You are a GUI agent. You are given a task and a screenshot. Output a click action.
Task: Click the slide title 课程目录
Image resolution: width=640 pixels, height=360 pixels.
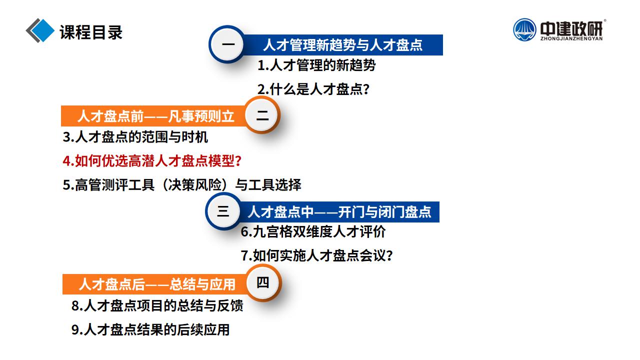[x=91, y=32]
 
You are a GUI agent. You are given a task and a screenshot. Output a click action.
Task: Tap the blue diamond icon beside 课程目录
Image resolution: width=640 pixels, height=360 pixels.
[x=42, y=30]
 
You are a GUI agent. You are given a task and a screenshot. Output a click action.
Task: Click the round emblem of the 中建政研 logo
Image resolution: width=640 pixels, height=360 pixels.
[x=524, y=29]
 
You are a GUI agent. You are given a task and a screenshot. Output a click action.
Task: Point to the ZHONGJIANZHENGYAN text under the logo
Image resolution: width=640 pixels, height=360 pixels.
[x=571, y=38]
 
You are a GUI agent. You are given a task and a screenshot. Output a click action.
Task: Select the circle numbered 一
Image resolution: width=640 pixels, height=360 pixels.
[x=227, y=44]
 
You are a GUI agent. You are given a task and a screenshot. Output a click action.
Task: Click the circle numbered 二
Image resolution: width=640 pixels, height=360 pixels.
[x=262, y=115]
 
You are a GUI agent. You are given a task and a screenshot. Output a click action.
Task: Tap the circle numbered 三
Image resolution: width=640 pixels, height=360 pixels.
[x=223, y=211]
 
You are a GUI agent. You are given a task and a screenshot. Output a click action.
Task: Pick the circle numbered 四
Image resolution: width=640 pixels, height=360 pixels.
[x=263, y=283]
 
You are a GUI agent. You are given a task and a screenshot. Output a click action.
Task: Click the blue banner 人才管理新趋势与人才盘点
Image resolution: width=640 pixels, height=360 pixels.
[x=342, y=45]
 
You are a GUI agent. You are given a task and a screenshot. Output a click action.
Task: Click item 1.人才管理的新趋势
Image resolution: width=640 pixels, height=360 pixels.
[x=316, y=65]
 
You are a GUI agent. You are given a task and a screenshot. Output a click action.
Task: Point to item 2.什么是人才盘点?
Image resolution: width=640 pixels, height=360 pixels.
[x=313, y=89]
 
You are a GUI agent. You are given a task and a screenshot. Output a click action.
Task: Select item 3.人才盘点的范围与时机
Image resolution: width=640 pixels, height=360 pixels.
[x=135, y=137]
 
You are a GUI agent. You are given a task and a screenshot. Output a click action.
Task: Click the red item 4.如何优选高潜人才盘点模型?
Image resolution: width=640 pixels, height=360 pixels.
[x=152, y=160]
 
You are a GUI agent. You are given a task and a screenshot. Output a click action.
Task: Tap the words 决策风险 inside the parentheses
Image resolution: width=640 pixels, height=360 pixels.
[x=195, y=184]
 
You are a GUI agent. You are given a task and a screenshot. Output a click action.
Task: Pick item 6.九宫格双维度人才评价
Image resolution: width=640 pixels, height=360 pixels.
[x=313, y=231]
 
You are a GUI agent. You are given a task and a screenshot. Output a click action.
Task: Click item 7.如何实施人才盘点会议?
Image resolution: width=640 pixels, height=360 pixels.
[x=317, y=255]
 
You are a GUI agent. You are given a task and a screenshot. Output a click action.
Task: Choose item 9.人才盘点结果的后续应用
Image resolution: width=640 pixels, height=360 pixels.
[x=150, y=329]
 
